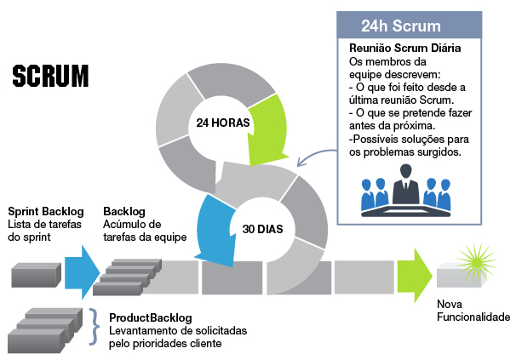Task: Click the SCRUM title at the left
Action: click(x=50, y=76)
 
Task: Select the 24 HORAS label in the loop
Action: click(x=222, y=123)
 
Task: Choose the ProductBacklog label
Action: click(x=151, y=318)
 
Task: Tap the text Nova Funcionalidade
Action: click(x=472, y=311)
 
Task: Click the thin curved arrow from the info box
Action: click(x=317, y=154)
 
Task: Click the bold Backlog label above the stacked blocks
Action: click(x=124, y=211)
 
